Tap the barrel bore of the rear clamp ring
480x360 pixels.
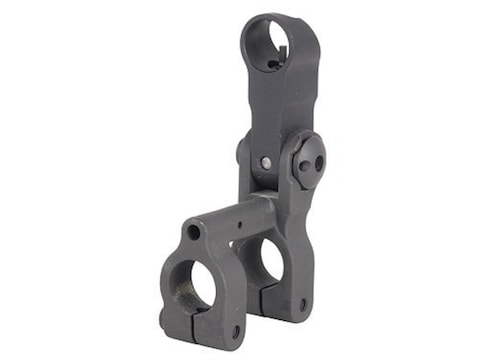pos(270,258)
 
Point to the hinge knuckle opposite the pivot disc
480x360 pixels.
pos(243,152)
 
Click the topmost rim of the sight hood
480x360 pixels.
pos(267,15)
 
